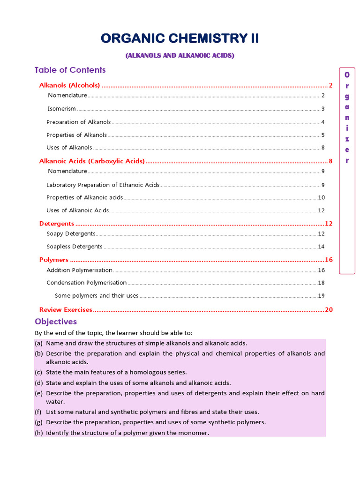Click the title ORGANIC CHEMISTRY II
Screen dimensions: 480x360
180,38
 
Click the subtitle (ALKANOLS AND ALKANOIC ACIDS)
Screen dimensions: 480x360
180,56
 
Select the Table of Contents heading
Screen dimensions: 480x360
70,70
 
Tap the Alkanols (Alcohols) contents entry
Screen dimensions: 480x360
69,85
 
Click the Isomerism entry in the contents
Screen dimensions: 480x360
61,109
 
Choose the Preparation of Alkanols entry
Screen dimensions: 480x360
78,122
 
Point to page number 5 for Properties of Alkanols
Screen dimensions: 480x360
323,135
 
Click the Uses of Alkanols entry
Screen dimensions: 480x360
69,148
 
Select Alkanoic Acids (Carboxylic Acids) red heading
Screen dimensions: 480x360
92,161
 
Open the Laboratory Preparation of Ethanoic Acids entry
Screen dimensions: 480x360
103,185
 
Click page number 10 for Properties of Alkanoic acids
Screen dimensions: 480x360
321,197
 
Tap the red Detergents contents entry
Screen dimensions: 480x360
57,224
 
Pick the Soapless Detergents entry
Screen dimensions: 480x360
75,247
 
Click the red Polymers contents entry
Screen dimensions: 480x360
54,260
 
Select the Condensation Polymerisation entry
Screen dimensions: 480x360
87,283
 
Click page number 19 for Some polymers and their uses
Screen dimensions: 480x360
321,296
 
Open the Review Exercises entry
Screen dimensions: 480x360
66,309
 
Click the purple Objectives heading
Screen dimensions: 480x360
56,322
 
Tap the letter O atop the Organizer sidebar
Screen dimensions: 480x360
347,75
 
